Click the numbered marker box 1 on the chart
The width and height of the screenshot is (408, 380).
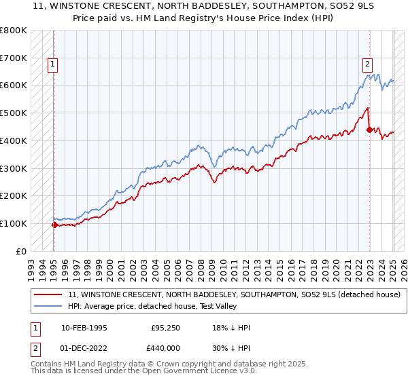pos(53,65)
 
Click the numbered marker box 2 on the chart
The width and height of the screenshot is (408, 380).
pos(367,65)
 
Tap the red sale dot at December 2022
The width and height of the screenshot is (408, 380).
pos(369,129)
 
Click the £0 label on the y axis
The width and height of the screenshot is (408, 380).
pos(22,251)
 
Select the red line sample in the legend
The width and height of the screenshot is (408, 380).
pos(50,294)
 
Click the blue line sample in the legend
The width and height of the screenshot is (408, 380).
pos(50,306)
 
